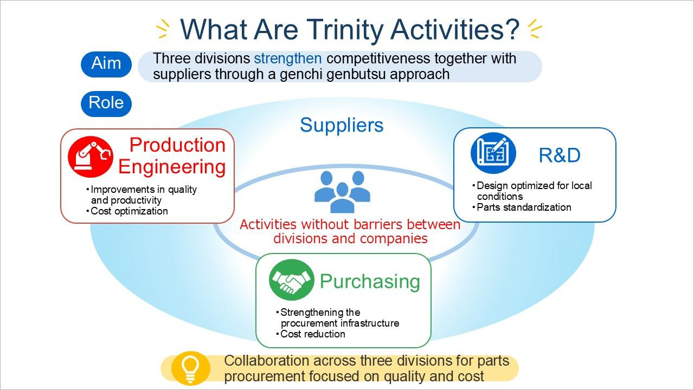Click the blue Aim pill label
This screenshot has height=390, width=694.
point(106,64)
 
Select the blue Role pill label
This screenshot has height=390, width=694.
point(106,103)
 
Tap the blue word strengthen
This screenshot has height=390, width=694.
point(288,59)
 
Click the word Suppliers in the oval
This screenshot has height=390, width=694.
point(342,125)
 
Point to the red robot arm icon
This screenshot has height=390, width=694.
point(91,157)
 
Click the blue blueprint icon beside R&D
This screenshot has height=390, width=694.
point(493,153)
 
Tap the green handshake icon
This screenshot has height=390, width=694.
point(292,280)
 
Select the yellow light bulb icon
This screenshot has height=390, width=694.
point(190,368)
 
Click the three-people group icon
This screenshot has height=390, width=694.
point(342,192)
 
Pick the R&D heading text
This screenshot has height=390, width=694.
point(560,155)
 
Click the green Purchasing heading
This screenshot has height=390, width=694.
point(370,281)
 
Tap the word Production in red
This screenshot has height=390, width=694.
point(177,145)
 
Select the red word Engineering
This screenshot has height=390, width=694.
point(172,167)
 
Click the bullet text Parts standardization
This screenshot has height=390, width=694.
point(524,207)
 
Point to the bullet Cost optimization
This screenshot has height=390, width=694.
point(129,211)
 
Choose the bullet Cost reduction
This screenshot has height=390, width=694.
point(313,334)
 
